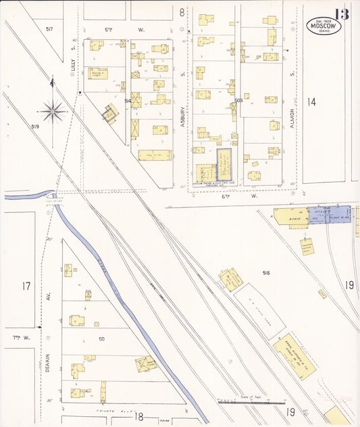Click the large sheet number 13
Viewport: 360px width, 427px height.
click(x=341, y=14)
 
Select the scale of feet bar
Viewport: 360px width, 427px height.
click(x=251, y=401)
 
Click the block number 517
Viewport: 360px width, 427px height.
click(x=49, y=30)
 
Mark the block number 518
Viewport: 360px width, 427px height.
click(x=266, y=272)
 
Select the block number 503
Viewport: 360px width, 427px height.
click(x=238, y=101)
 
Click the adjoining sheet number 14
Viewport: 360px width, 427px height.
click(x=311, y=101)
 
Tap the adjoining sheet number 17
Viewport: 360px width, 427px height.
click(x=26, y=286)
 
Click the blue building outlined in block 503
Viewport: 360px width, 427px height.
click(x=223, y=163)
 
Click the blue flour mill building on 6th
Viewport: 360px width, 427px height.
click(x=330, y=215)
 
